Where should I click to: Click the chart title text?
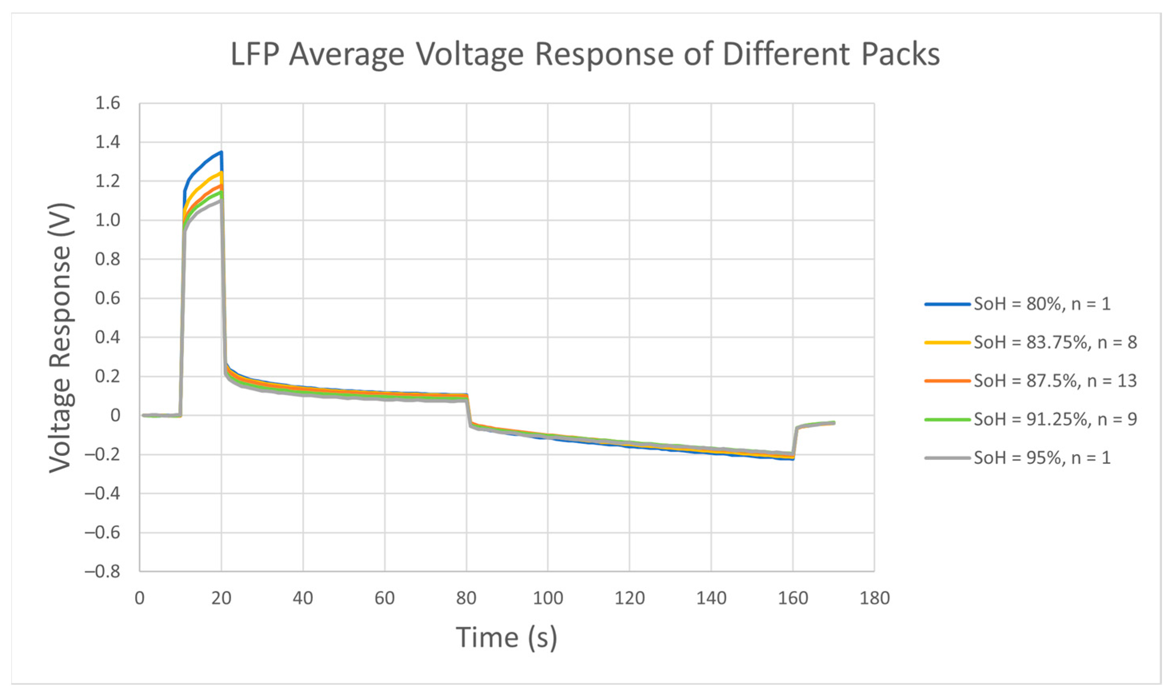(585, 54)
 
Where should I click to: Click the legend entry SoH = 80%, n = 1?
(1042, 304)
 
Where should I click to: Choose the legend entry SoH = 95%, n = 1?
(1042, 458)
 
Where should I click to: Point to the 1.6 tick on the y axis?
(108, 103)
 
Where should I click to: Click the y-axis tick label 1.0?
(108, 220)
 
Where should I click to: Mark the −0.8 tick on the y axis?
(102, 571)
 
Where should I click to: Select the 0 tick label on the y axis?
(115, 416)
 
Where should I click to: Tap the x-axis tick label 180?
(875, 599)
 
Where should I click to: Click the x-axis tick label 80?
(466, 599)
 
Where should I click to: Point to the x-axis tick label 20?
(221, 599)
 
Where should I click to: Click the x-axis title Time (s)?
(507, 638)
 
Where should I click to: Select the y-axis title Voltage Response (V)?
(60, 337)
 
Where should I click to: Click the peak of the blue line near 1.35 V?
(221, 152)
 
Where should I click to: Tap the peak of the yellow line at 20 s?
(221, 173)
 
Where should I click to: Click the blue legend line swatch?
(947, 304)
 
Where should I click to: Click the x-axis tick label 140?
(711, 599)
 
